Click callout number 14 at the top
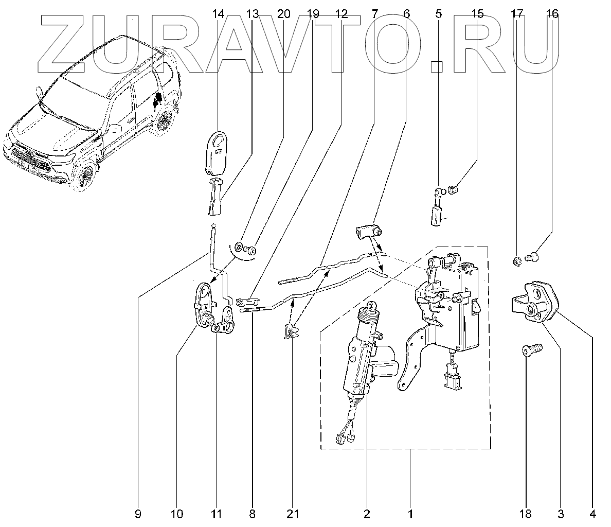[x=218, y=14]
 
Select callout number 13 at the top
[x=252, y=14]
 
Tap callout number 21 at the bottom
[x=292, y=513]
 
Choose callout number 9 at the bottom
[x=138, y=513]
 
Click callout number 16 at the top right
[x=552, y=14]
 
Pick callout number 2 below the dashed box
[x=367, y=513]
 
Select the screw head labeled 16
[x=533, y=255]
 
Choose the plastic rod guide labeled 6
[x=367, y=232]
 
